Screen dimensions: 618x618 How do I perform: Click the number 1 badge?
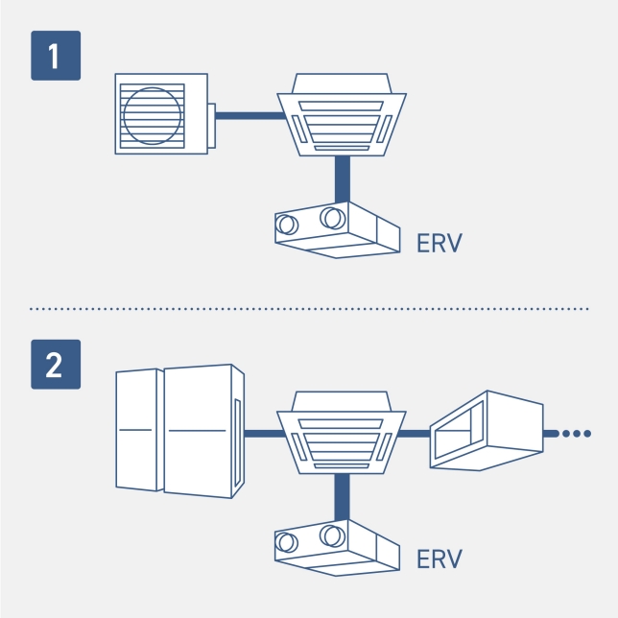click(x=55, y=56)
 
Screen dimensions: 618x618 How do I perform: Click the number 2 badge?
click(x=55, y=365)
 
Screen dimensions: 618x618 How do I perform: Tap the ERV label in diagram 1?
click(x=440, y=243)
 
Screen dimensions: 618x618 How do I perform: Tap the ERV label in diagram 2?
click(x=440, y=559)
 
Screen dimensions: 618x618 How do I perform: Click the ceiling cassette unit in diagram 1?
click(x=341, y=113)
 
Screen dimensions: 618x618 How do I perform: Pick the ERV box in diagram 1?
click(x=336, y=229)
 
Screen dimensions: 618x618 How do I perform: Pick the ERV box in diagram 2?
click(x=336, y=547)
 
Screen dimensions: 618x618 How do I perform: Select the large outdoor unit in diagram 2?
click(x=179, y=431)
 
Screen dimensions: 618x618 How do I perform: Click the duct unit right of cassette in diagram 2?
click(x=486, y=431)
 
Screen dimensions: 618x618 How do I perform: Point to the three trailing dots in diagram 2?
click(x=576, y=434)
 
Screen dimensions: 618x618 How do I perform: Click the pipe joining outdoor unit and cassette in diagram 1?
click(x=250, y=115)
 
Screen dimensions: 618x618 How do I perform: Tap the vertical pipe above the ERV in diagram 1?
click(x=341, y=178)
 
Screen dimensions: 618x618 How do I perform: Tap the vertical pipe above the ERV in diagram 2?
click(x=341, y=495)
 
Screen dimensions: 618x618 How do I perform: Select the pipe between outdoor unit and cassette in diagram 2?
click(x=262, y=434)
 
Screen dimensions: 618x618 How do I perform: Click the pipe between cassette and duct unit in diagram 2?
click(x=415, y=434)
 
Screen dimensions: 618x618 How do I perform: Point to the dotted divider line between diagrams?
click(x=309, y=309)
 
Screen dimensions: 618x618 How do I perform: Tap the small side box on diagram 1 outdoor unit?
click(x=212, y=125)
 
